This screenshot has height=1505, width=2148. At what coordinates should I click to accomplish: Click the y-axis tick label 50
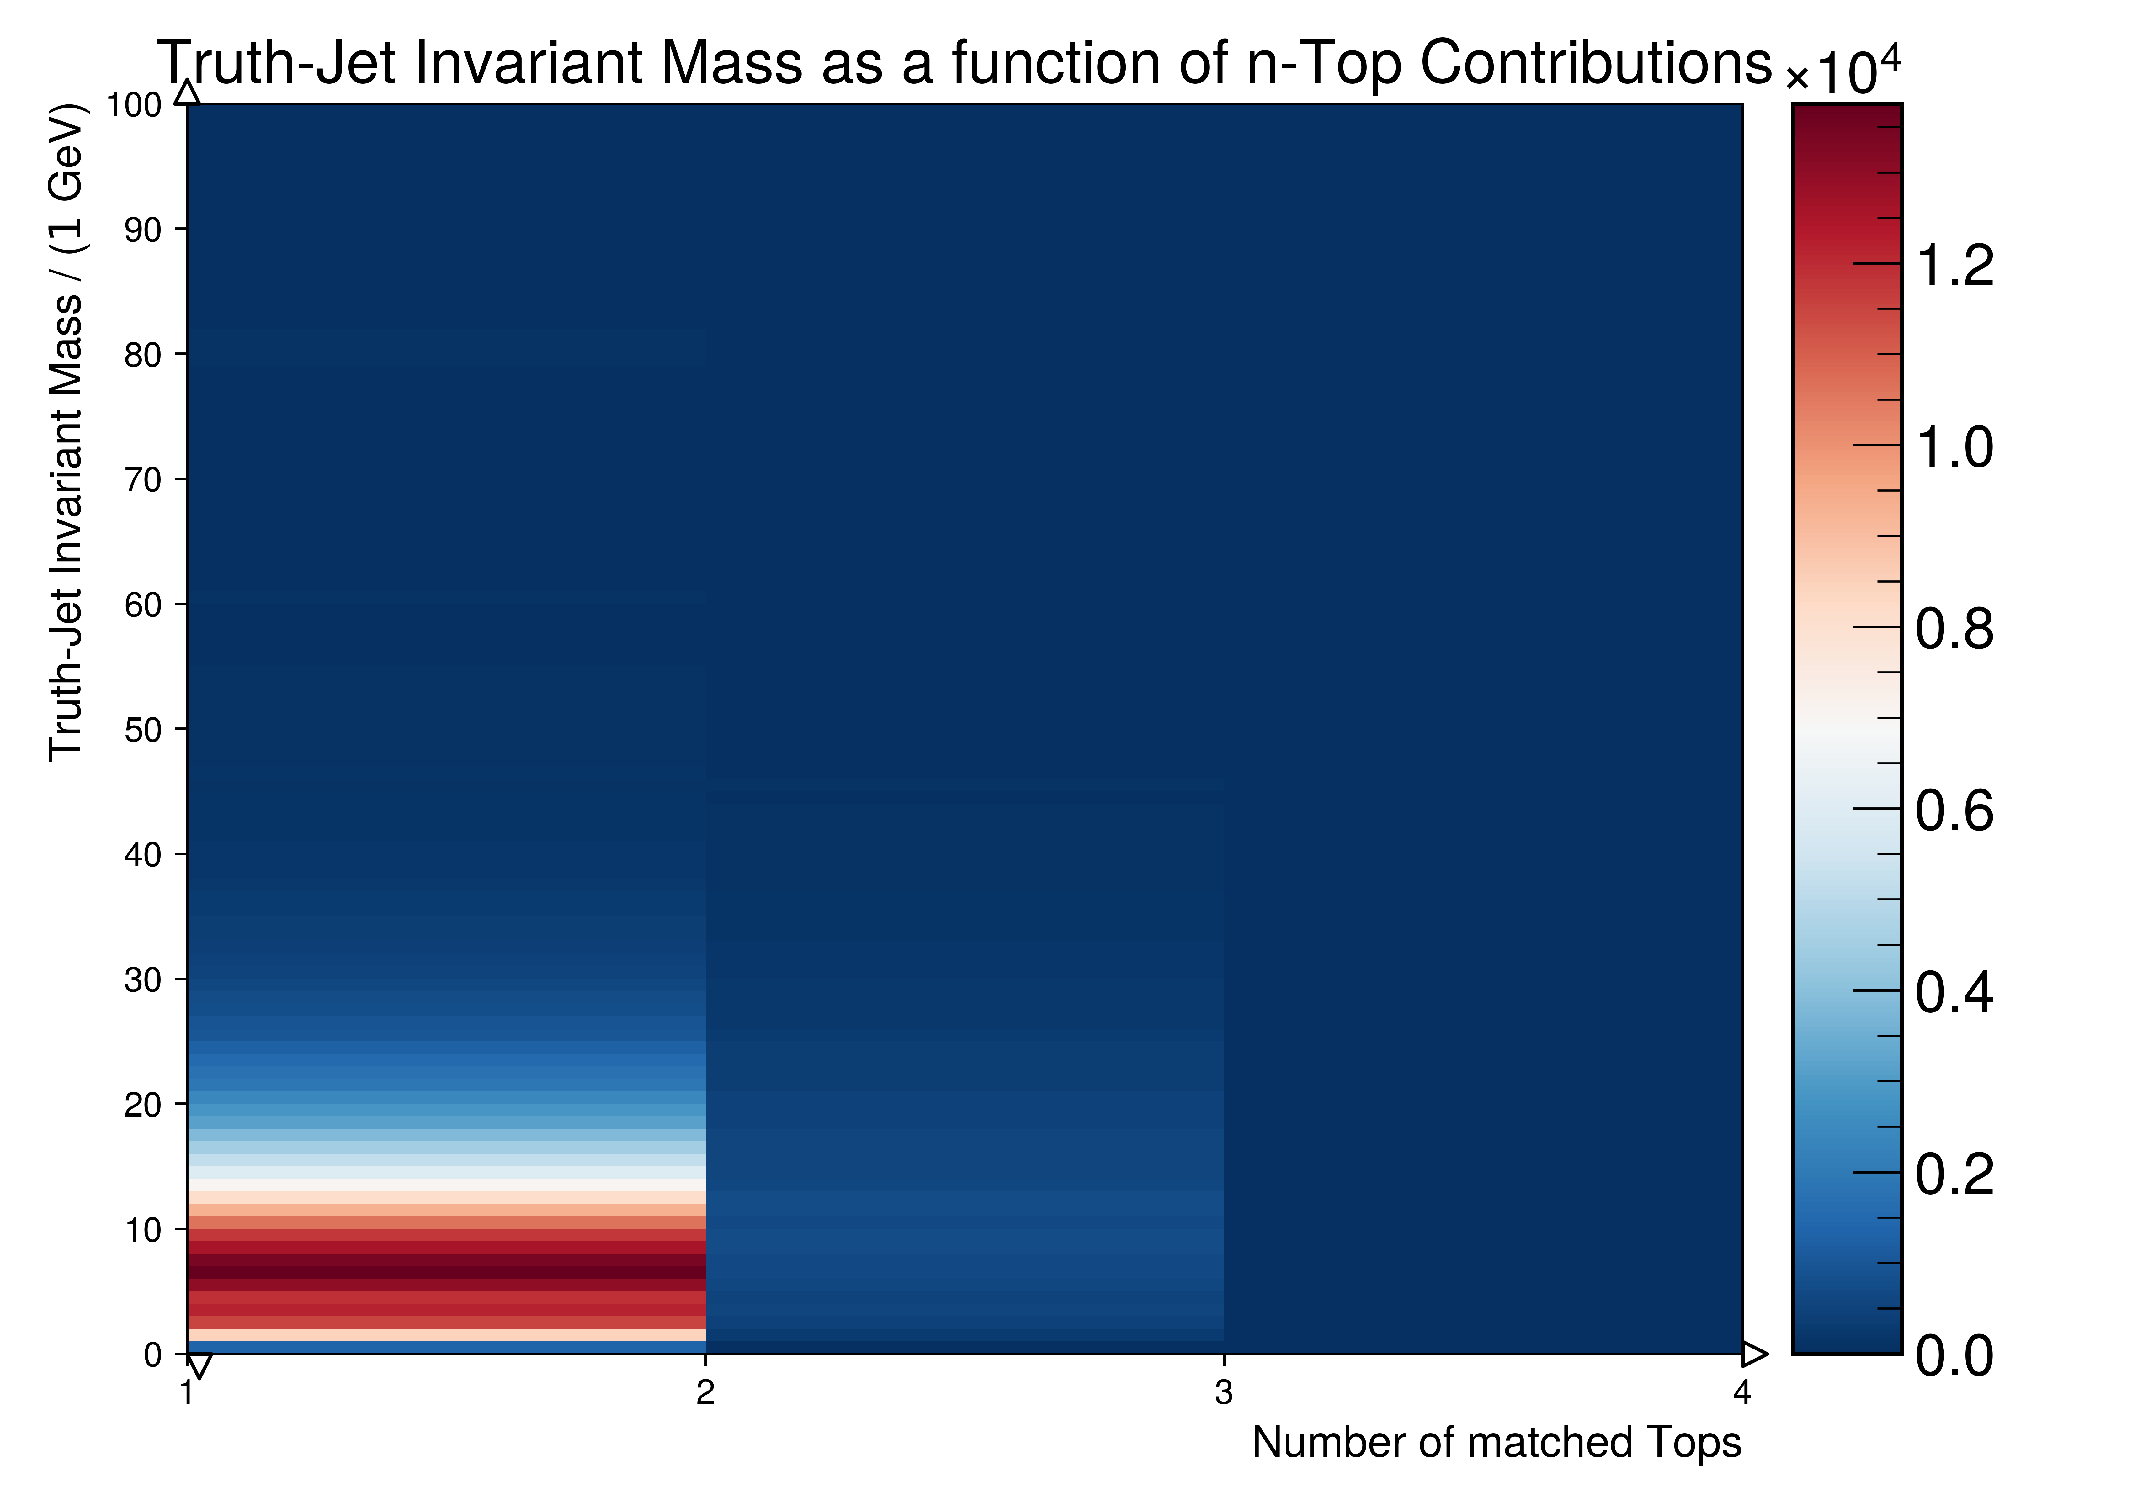143,730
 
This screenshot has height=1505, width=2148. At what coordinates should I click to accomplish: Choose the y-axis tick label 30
143,979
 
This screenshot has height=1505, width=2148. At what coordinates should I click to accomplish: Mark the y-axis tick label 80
143,355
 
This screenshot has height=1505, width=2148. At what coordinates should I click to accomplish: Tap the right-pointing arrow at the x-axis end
1754,1354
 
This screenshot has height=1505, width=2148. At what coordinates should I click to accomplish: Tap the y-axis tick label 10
143,1229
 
